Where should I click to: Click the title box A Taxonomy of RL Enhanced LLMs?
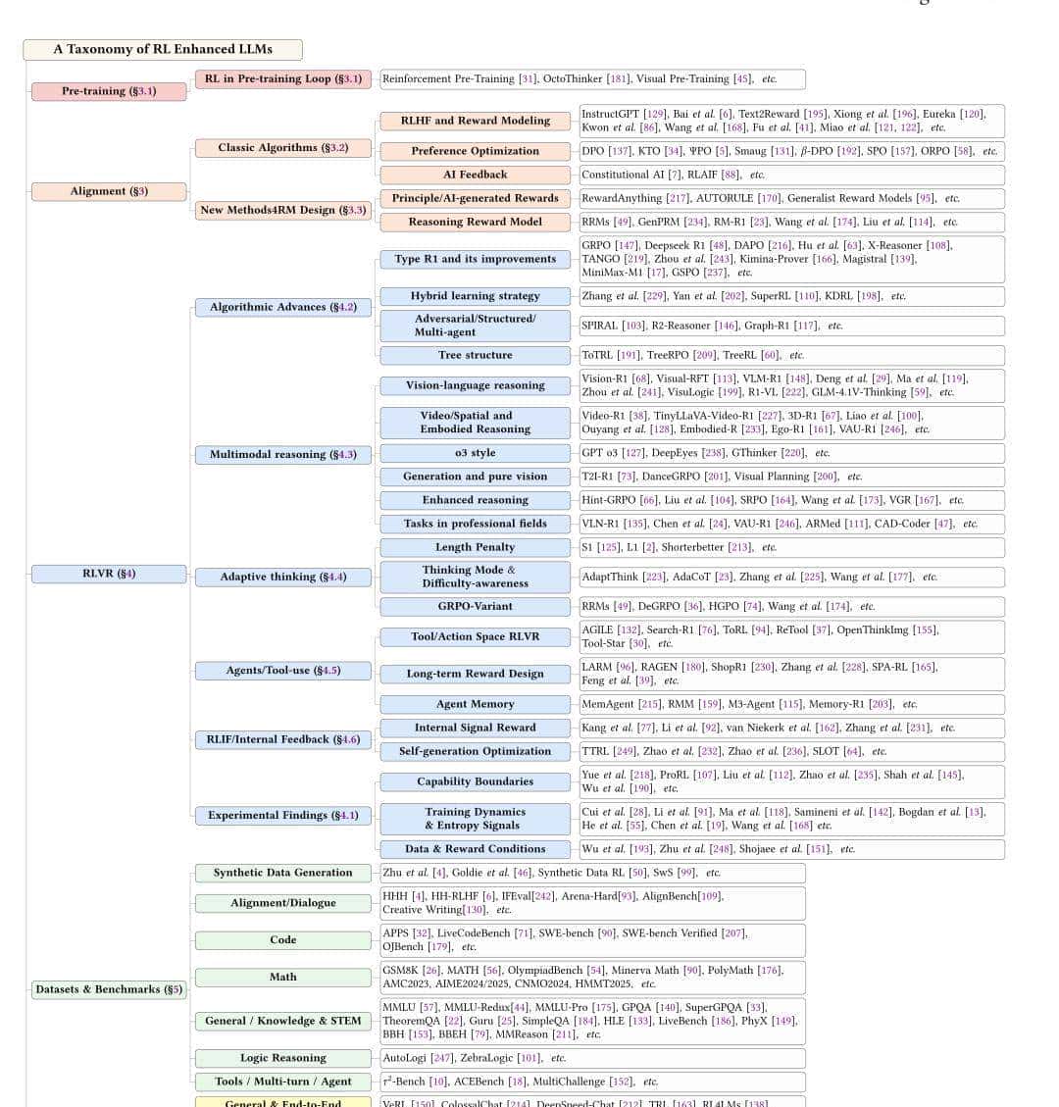pyautogui.click(x=163, y=49)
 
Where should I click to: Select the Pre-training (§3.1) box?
pyautogui.click(x=109, y=91)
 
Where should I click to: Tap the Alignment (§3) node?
pyautogui.click(x=109, y=191)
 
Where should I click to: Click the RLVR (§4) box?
pyautogui.click(x=109, y=574)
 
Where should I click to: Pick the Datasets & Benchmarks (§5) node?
pyautogui.click(x=109, y=989)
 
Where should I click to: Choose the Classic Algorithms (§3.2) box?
pyautogui.click(x=282, y=148)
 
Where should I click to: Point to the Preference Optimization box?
pyautogui.click(x=475, y=151)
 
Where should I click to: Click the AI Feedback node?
pyautogui.click(x=475, y=175)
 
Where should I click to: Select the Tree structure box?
pyautogui.click(x=475, y=355)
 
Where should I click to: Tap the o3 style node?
pyautogui.click(x=475, y=453)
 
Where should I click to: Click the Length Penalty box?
pyautogui.click(x=475, y=547)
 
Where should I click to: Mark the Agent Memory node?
pyautogui.click(x=475, y=704)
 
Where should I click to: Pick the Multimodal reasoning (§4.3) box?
pyautogui.click(x=282, y=455)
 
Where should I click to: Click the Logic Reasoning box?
pyautogui.click(x=282, y=1058)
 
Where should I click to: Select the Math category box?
pyautogui.click(x=282, y=977)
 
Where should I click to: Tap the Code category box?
pyautogui.click(x=282, y=939)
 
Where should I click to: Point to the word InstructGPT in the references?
pyautogui.click(x=610, y=115)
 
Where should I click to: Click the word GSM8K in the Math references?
pyautogui.click(x=401, y=971)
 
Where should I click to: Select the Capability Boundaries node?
pyautogui.click(x=475, y=781)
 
